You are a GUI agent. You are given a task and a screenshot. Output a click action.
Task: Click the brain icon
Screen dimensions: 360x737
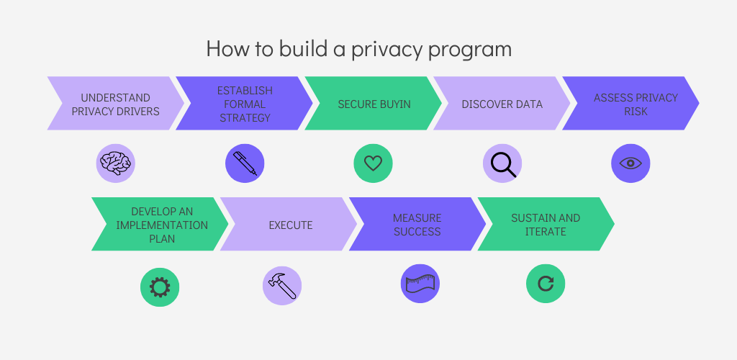click(116, 163)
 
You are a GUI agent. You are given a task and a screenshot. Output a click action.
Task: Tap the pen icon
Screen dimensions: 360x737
click(245, 163)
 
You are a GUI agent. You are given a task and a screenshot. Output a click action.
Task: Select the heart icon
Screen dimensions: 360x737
click(373, 163)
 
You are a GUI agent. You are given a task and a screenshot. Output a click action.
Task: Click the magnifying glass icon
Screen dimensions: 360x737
click(502, 163)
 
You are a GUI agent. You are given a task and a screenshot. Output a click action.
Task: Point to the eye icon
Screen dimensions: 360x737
click(630, 163)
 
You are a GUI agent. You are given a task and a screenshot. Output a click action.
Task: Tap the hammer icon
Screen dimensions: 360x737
click(281, 286)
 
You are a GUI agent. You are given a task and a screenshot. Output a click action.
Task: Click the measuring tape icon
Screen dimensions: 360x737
click(420, 284)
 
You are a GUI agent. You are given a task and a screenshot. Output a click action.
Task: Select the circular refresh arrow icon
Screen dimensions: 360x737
click(546, 284)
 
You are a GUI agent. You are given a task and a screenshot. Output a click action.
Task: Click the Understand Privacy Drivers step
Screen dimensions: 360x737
click(115, 104)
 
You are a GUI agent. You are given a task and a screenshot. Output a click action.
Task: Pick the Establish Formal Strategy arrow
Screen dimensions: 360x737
click(245, 104)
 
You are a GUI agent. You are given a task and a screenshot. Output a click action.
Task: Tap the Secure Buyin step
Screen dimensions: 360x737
click(374, 104)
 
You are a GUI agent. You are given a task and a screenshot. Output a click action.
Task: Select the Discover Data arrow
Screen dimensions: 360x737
click(502, 104)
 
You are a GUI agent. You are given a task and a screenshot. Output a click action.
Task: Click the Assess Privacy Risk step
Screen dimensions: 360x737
click(630, 104)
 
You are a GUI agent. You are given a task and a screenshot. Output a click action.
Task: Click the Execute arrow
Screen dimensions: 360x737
click(290, 225)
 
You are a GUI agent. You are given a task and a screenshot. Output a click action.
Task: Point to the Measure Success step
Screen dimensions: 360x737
click(417, 225)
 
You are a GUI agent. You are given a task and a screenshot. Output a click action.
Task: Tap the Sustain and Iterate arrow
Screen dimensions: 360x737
click(546, 225)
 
